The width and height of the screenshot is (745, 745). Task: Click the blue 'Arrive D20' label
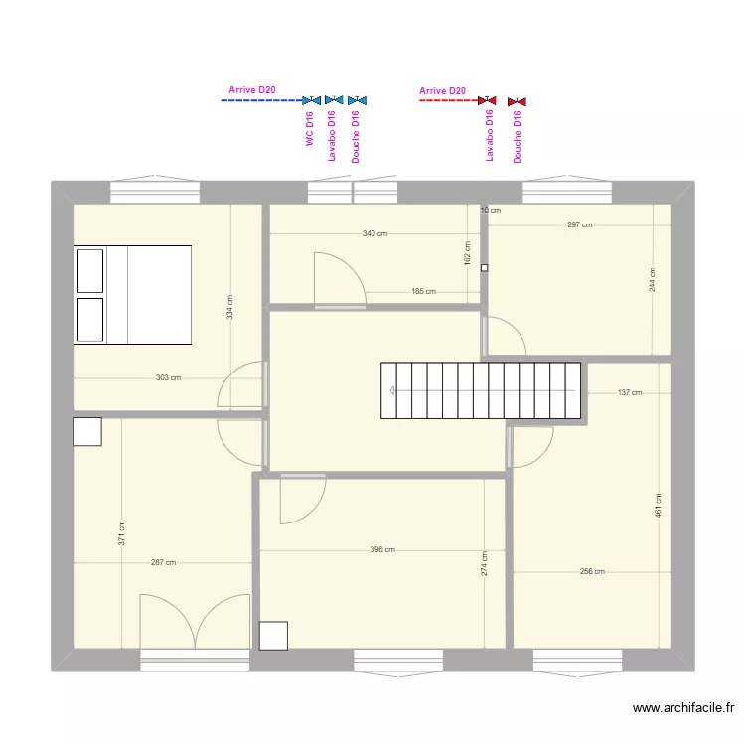point(252,90)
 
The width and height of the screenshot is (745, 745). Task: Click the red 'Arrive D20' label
point(443,91)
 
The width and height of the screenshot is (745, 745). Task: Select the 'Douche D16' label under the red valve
point(518,136)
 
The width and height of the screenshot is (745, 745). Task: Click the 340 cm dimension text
point(374,234)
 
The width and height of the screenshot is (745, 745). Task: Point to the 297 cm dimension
point(580,225)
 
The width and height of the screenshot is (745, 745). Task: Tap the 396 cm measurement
point(382,550)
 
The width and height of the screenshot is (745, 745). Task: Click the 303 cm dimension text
point(169,377)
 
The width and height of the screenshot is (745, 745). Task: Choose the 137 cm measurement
point(630,393)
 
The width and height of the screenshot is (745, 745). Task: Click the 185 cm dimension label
point(423,292)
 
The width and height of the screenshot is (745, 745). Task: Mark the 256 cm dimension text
point(592,572)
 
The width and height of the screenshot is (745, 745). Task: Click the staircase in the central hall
point(480,391)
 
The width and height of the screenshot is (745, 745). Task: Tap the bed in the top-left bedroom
point(132,294)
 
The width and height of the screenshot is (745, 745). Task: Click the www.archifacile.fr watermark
point(682,708)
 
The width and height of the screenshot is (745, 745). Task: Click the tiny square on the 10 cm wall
point(485,268)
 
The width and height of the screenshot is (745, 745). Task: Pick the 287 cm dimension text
point(163,563)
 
